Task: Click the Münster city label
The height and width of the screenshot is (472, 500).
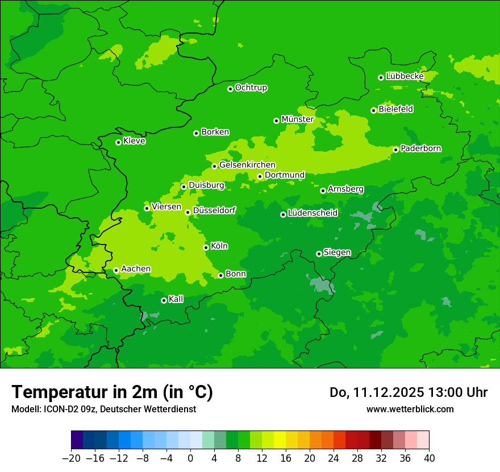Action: (297, 119)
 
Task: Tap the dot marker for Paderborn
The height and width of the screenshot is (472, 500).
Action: (395, 150)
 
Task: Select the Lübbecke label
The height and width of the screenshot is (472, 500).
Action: (405, 76)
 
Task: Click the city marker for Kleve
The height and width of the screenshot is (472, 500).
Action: (118, 142)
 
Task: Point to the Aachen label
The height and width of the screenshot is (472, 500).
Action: (136, 269)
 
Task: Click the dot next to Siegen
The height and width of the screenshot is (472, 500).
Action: (319, 254)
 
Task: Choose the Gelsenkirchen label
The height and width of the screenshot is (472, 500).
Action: (247, 165)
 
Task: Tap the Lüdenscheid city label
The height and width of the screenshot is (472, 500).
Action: (312, 213)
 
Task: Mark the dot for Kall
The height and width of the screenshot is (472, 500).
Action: (164, 300)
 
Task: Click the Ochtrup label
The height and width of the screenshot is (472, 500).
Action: (251, 88)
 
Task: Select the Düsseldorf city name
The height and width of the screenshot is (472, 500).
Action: (214, 210)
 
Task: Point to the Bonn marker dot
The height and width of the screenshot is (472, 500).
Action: (220, 275)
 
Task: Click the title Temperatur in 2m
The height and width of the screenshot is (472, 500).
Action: (112, 392)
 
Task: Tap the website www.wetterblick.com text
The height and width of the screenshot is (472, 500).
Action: (410, 409)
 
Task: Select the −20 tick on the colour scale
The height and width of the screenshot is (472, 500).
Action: (71, 458)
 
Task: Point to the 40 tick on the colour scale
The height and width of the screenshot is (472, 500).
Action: (429, 458)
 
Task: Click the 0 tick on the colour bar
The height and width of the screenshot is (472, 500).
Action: (190, 458)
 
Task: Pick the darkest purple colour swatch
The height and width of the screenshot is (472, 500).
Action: (77, 440)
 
